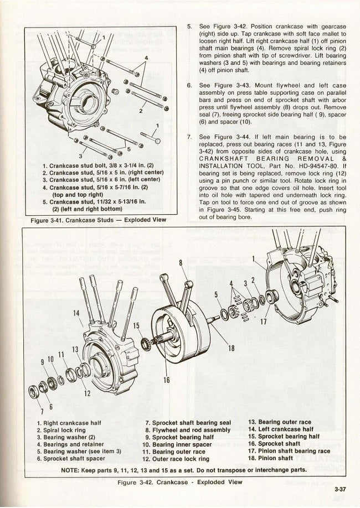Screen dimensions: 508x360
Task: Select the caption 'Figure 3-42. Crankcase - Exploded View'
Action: [x=180, y=481]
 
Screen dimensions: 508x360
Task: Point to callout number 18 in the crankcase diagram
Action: [x=231, y=349]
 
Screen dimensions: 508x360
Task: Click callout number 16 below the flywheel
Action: [x=166, y=380]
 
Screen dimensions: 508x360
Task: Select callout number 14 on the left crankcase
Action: [x=76, y=313]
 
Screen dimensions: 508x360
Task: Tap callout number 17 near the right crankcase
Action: [x=264, y=320]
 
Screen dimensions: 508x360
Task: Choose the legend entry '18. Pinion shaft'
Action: [x=270, y=458]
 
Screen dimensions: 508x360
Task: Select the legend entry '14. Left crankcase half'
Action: [x=280, y=429]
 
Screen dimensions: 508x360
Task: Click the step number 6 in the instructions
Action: [x=189, y=86]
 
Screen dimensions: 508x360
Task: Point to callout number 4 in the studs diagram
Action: [x=146, y=58]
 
